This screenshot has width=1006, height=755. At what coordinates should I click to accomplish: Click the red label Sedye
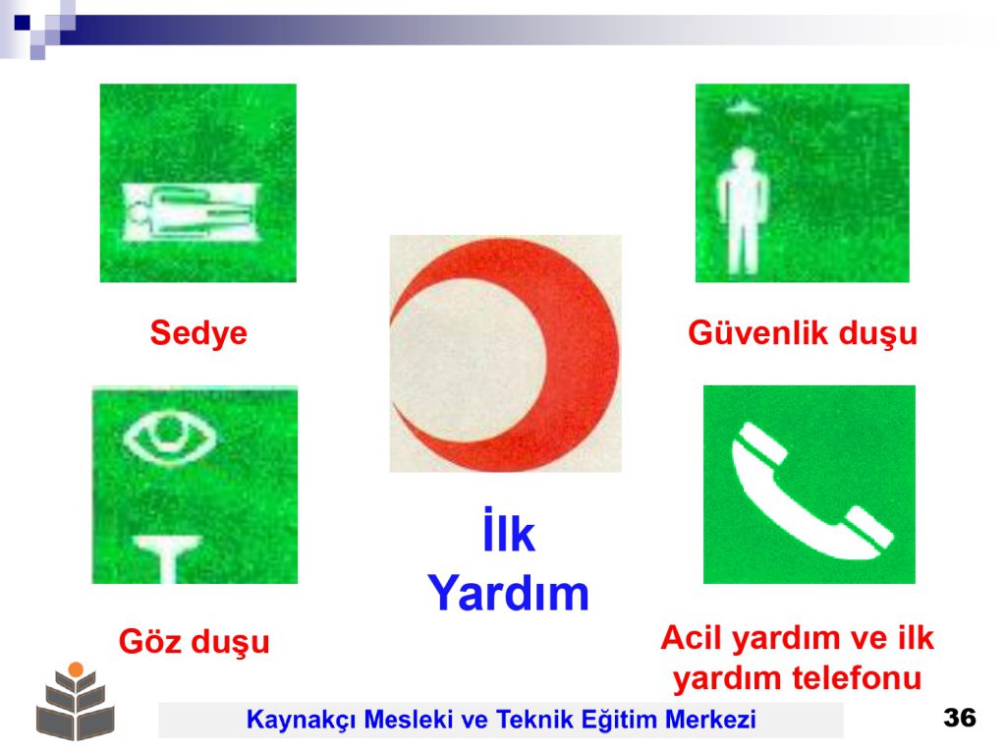(x=198, y=332)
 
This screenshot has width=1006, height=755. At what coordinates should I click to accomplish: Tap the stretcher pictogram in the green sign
(x=191, y=211)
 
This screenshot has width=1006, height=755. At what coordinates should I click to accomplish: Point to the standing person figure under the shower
(x=743, y=210)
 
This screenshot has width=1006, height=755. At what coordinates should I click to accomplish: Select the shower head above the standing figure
(x=743, y=108)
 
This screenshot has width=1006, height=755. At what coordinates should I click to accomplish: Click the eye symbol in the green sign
(x=169, y=437)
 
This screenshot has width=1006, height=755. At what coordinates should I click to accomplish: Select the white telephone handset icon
(x=810, y=492)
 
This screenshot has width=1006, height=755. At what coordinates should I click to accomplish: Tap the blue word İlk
(x=509, y=531)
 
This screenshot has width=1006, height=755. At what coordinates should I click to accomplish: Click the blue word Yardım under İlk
(x=508, y=593)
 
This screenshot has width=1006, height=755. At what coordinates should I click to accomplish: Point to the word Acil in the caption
(x=693, y=637)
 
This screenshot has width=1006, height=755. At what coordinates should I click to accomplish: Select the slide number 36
(x=959, y=717)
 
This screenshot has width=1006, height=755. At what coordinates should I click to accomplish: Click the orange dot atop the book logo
(x=76, y=668)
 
